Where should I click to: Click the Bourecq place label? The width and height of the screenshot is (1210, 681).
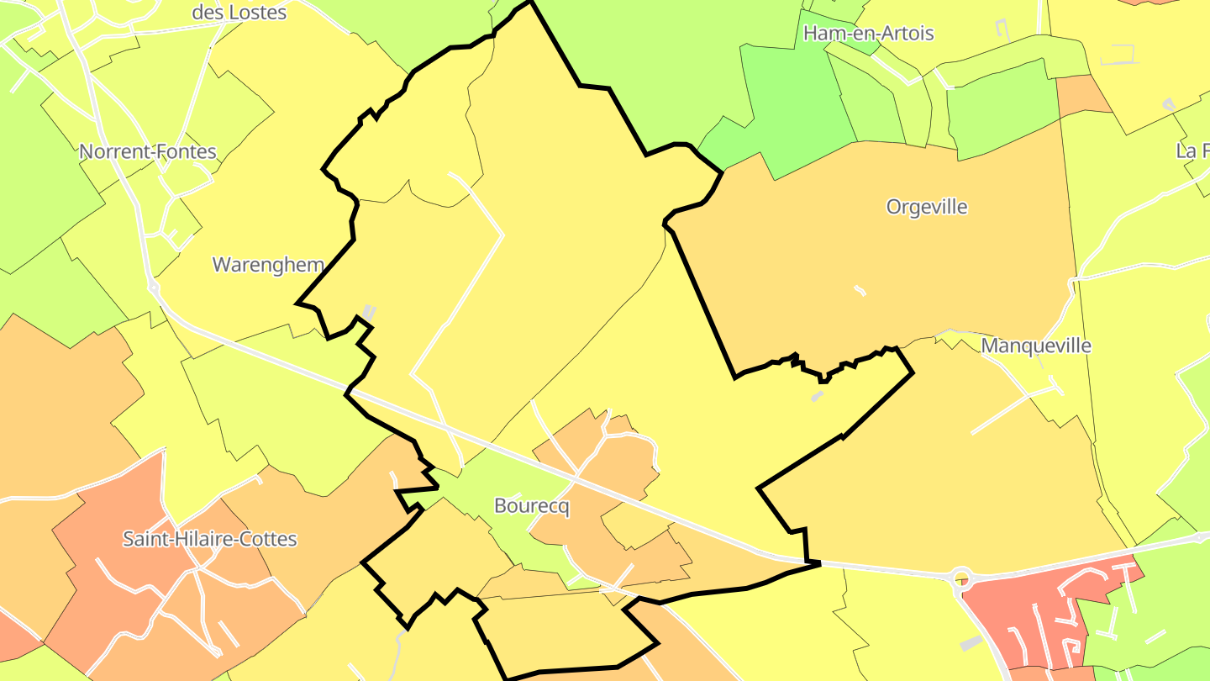coord(532,506)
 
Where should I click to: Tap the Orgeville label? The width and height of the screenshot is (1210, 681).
coord(927,207)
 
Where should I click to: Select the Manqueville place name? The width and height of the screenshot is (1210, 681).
coord(1036,346)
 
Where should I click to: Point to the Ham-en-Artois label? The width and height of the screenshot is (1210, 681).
coord(868,33)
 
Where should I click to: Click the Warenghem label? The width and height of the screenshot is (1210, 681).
coord(268,264)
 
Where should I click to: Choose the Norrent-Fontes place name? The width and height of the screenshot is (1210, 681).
coord(148,152)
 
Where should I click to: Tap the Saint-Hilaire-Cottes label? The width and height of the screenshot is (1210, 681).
coord(210,538)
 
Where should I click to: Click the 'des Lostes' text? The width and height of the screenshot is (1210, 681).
coord(239,12)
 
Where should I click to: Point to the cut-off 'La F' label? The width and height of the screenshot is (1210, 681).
coord(1192,151)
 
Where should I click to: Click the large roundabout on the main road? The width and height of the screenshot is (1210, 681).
coord(961,578)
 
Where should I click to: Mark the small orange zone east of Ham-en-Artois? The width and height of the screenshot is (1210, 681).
coord(1084,94)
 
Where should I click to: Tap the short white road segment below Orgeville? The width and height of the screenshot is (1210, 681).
coord(860,291)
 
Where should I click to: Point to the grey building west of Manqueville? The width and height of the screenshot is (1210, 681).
coord(817,396)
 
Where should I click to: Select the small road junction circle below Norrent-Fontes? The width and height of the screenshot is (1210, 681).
coord(154,288)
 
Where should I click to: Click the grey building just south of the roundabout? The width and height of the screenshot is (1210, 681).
coord(971,642)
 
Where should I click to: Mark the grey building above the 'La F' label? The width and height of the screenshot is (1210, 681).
coord(1168,104)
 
